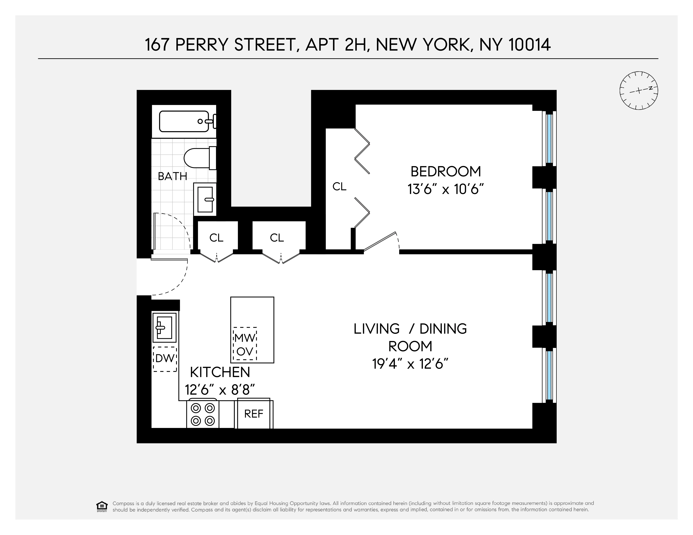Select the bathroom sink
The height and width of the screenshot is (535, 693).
(205, 199)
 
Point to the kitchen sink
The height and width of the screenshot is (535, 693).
(164, 328)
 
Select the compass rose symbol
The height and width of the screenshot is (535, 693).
(639, 91)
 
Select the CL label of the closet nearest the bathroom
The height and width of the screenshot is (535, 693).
(216, 238)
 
